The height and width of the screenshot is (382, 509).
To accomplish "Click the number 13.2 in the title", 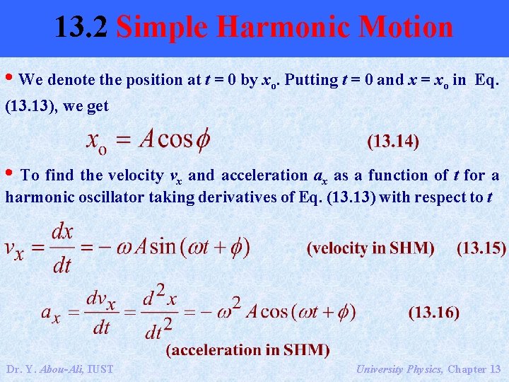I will pyautogui.click(x=81, y=28).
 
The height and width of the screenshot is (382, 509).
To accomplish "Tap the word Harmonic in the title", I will pyautogui.click(x=283, y=28).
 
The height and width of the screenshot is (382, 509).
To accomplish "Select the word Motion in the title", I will pyautogui.click(x=406, y=28).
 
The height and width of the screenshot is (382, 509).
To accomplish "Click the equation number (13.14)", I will pyautogui.click(x=393, y=141).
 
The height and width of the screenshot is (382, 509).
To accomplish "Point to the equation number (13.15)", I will pyautogui.click(x=481, y=248).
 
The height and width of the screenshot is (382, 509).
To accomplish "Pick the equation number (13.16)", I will pyautogui.click(x=434, y=312).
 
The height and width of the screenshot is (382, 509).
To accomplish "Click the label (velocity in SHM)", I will pyautogui.click(x=371, y=248).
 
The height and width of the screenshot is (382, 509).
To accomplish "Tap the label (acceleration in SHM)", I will pyautogui.click(x=247, y=350).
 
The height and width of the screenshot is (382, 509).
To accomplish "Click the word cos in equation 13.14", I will pyautogui.click(x=175, y=139).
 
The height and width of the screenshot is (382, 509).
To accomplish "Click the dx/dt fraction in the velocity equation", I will pyautogui.click(x=63, y=248).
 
